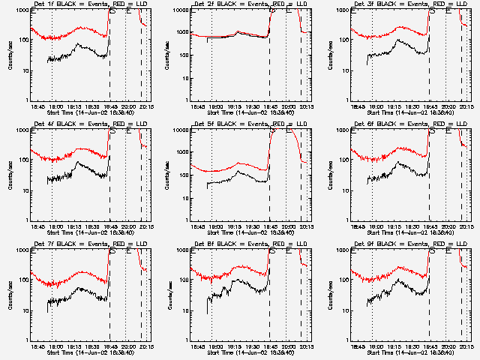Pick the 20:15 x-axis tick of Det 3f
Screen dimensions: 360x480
tap(466, 106)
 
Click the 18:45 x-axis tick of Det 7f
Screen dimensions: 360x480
tap(34, 346)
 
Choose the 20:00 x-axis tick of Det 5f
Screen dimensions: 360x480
tap(289, 226)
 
